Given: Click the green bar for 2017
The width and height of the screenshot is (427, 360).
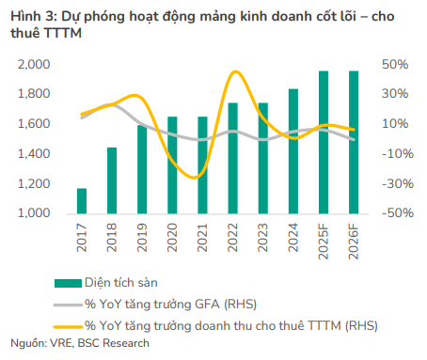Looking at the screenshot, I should [x=82, y=200].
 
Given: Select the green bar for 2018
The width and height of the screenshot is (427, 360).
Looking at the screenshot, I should [x=112, y=180].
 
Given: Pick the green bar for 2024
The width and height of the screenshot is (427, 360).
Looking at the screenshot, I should [x=293, y=151].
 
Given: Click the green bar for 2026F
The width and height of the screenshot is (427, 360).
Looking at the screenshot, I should [x=353, y=142].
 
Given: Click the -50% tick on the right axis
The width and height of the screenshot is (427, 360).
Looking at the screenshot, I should [x=393, y=213].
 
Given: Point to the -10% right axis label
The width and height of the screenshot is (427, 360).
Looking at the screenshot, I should [x=393, y=154].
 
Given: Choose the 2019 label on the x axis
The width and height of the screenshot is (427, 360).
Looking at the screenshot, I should [x=142, y=235].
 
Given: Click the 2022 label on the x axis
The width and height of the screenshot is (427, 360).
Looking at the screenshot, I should [x=232, y=235].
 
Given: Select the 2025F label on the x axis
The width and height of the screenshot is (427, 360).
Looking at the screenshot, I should [x=323, y=239].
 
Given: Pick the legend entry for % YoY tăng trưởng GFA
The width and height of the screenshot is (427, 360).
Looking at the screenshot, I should [x=170, y=303].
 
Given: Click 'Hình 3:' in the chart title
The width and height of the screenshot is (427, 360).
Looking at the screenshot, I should [x=30, y=13].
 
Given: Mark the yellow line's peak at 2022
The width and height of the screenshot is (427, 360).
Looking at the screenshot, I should [x=231, y=71].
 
